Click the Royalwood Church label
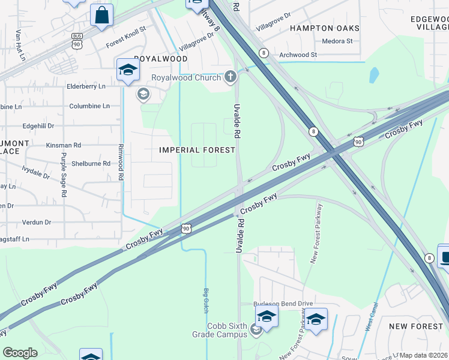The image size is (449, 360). (185, 77)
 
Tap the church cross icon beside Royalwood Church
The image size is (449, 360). (230, 77)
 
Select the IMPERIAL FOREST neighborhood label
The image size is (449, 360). (197, 150)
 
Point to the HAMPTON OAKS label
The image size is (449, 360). (325, 28)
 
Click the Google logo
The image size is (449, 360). (20, 353)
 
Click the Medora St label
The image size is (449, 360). (337, 41)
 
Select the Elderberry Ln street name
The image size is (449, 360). (86, 86)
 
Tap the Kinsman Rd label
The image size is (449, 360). (64, 145)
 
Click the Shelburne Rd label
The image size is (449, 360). (89, 163)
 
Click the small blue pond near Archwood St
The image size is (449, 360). (375, 75)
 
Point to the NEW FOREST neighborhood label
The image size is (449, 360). (415, 326)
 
